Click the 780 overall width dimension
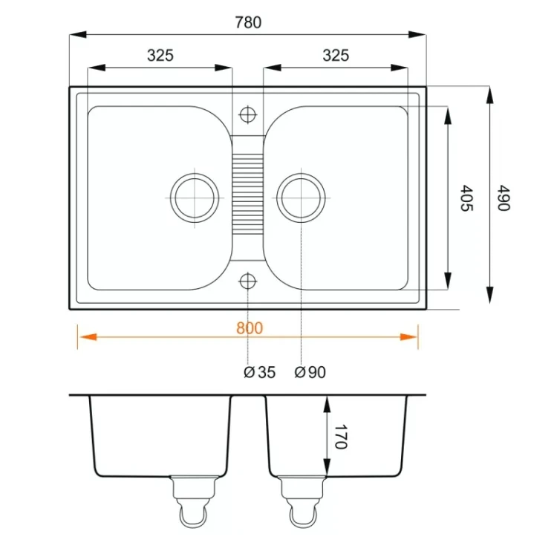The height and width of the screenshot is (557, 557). pos(248,22)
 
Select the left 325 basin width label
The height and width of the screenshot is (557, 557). pos(160,56)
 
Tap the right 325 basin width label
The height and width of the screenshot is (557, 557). pos(336,56)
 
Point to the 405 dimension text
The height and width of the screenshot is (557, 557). pos(467,198)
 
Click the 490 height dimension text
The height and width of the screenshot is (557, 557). pos(504,198)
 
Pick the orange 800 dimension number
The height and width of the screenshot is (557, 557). pos(250,328)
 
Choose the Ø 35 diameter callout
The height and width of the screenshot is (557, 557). pos(260,372)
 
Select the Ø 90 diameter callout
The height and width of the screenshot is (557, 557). pos(310,372)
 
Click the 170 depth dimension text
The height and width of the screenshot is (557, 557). pos(340,437)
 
